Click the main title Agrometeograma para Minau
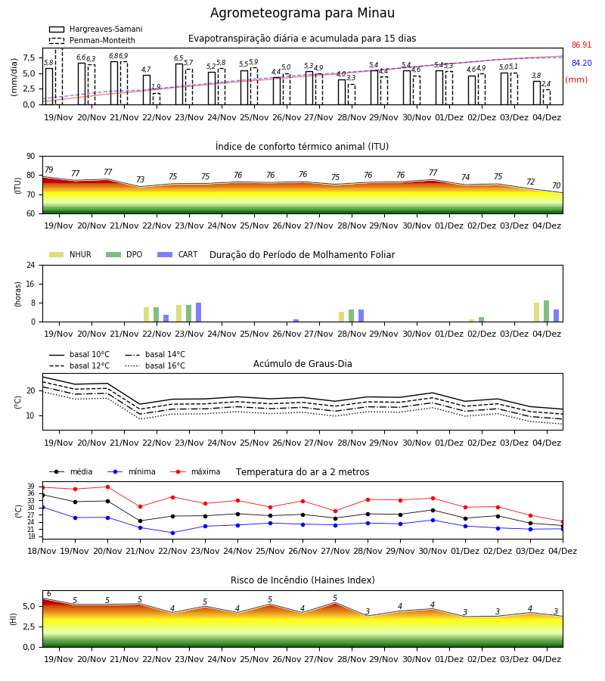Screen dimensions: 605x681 coord(302,13)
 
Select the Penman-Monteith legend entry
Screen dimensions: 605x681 coord(92,40)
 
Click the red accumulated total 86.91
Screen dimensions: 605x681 coord(582,45)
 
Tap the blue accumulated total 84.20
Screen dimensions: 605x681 coord(582,64)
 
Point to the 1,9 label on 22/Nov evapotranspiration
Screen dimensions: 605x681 coord(157,87)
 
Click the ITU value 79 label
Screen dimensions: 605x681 coord(49,169)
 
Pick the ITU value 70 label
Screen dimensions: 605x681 coord(557,186)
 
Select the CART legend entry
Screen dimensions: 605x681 coord(177,254)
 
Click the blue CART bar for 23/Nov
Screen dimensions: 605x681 coord(198,313)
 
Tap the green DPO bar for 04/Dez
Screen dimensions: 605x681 coord(547,312)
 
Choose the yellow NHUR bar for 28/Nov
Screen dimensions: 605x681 coord(342,317)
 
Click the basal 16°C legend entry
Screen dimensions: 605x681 coord(155,366)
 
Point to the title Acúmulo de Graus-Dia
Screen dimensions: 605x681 coord(302,364)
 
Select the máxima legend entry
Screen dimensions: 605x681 coord(196,471)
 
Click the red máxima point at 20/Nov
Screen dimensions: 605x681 coord(107,487)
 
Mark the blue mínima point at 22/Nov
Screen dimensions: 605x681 coord(172,533)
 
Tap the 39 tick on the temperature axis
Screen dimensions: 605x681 coord(31,487)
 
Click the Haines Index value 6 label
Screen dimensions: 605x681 coord(49,594)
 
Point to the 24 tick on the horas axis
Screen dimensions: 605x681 coord(31,266)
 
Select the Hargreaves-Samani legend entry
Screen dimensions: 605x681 coord(96,29)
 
